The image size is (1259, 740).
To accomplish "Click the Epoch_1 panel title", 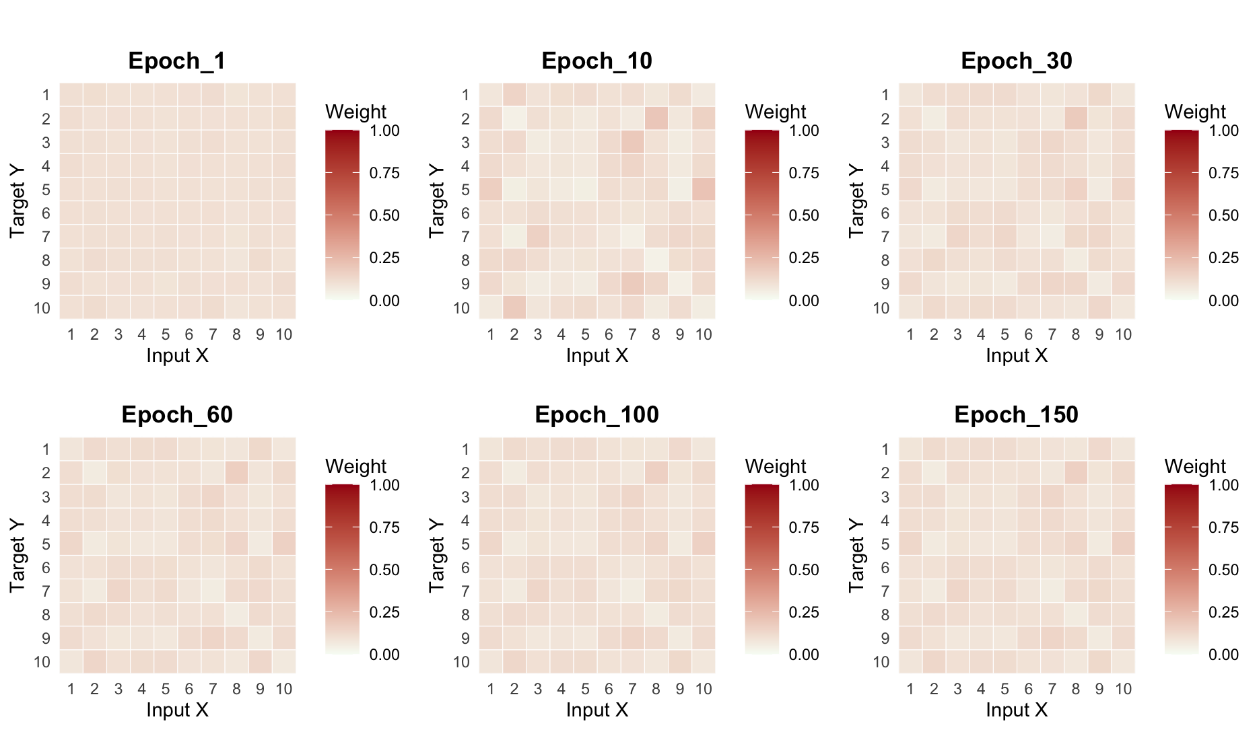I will pos(176,61).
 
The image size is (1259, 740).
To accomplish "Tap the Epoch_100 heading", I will pos(597,415).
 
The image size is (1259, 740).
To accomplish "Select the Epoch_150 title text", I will pos(1016,415).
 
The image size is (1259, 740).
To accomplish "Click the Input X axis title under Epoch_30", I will pos(1017,355).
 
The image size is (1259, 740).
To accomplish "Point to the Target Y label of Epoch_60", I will pos(18,555).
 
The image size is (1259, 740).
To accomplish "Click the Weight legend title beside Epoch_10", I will pos(775,112).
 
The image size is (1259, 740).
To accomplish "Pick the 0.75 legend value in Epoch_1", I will pos(384,174).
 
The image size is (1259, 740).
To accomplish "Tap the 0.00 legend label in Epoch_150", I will pos(1223,655).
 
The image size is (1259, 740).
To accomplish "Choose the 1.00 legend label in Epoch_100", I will pos(804,485).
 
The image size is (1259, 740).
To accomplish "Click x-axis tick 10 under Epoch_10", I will pos(704,334).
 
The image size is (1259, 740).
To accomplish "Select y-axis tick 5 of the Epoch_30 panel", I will pos(885,190).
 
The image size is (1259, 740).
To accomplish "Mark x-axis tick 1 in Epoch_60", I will pos(71,689).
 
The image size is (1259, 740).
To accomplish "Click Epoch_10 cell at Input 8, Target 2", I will pos(656,118).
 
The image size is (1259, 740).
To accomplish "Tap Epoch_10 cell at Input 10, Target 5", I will pos(704,190).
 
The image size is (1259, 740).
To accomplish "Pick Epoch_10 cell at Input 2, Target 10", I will pos(514,307).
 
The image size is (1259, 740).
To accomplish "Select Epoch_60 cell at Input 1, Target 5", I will pos(71,544).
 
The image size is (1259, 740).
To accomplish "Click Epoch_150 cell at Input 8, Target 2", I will pos(1076,473).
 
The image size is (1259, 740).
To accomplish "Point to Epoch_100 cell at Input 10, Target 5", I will pos(704,544).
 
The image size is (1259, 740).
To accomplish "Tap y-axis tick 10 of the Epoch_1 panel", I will pos(42,308).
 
